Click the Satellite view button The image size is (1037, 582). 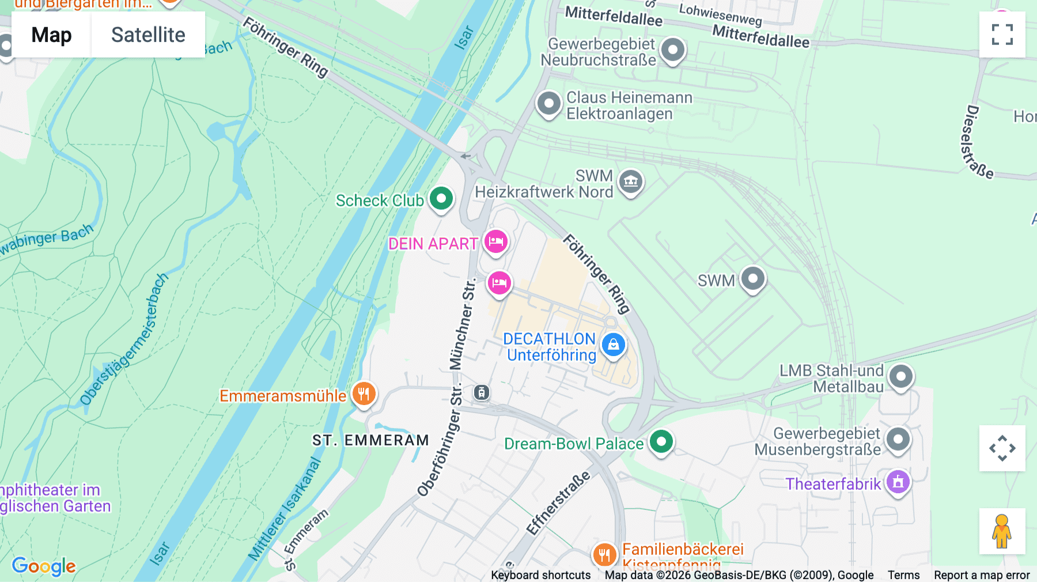tap(148, 35)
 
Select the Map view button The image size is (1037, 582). tap(51, 35)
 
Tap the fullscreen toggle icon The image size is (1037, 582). tap(1002, 35)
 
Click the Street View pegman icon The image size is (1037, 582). tap(1002, 531)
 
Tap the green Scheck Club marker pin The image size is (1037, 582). tap(441, 199)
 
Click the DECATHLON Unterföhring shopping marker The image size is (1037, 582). tap(613, 345)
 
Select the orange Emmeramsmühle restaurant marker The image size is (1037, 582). tap(364, 395)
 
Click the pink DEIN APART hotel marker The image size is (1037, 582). tap(495, 241)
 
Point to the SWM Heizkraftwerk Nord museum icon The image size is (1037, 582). tap(631, 182)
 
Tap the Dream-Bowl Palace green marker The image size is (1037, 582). tap(661, 443)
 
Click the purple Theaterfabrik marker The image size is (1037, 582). tap(898, 482)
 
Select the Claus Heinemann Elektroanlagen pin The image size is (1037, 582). tap(548, 104)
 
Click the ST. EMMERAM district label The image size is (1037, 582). tap(370, 440)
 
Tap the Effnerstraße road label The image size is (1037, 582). tap(558, 503)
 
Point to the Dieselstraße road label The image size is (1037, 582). tap(977, 142)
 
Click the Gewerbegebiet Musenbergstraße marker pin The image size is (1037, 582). tap(898, 440)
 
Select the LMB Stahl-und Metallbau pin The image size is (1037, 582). tap(900, 377)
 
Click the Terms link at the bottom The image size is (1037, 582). tap(903, 575)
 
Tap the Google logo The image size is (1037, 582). tap(44, 566)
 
